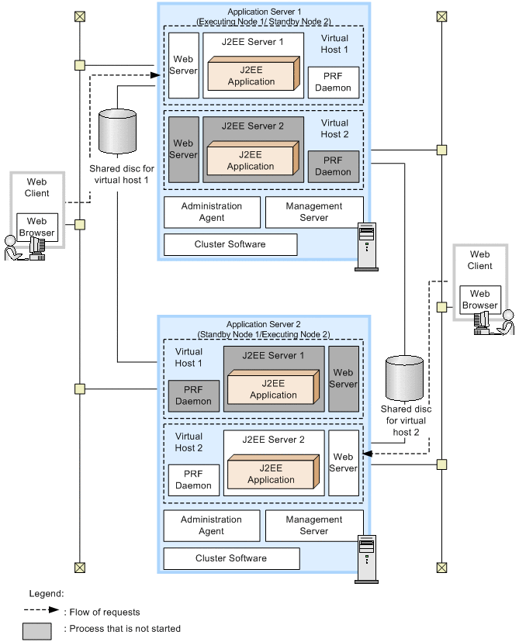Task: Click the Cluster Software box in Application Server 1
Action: tap(230, 244)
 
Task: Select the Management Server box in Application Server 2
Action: tap(313, 526)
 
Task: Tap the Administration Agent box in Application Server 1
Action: tap(212, 212)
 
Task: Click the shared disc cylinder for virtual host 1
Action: tap(118, 132)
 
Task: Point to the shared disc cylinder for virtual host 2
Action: tap(404, 378)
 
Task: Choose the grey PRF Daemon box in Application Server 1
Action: tap(333, 166)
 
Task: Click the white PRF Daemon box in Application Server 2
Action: tap(193, 480)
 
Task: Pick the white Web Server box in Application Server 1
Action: tap(183, 65)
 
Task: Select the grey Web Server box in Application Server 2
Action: tap(344, 378)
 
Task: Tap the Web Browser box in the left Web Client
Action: tap(37, 226)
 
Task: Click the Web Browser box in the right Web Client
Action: tap(479, 299)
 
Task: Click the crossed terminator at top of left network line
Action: tap(79, 16)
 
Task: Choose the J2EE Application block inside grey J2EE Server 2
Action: tap(251, 160)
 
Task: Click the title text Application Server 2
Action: tap(258, 324)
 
